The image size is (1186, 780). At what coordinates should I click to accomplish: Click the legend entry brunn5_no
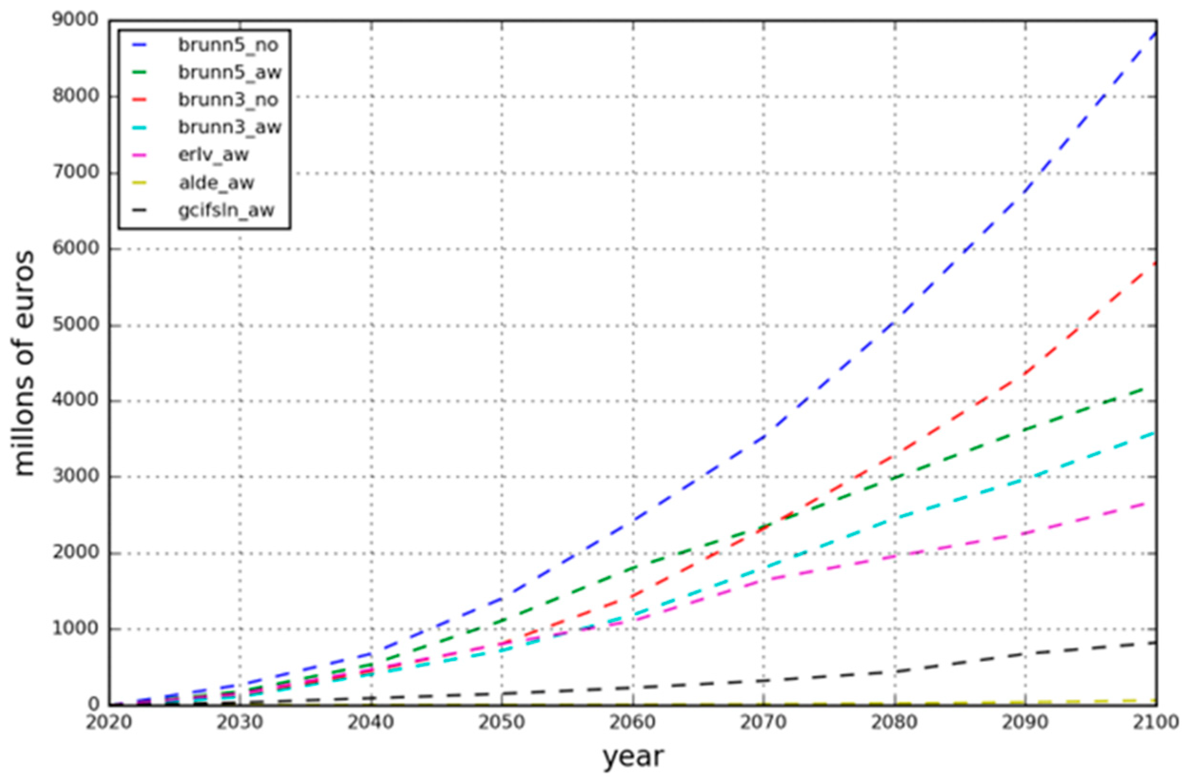click(x=228, y=45)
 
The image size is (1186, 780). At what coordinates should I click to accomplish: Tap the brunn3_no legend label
click(x=228, y=100)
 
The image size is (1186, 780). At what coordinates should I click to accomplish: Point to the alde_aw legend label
click(x=216, y=183)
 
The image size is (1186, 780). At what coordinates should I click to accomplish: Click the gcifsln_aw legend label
click(x=226, y=211)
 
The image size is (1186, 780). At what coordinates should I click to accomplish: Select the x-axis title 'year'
click(x=633, y=757)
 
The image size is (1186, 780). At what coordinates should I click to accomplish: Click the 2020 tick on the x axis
click(x=109, y=723)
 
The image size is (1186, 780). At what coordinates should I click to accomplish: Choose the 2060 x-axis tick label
click(x=633, y=723)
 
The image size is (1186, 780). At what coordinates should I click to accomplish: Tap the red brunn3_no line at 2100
click(x=1155, y=263)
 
